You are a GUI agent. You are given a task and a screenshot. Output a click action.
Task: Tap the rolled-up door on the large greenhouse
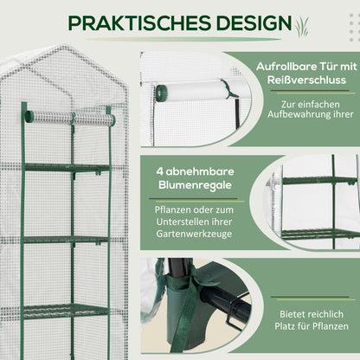pos(69,117)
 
